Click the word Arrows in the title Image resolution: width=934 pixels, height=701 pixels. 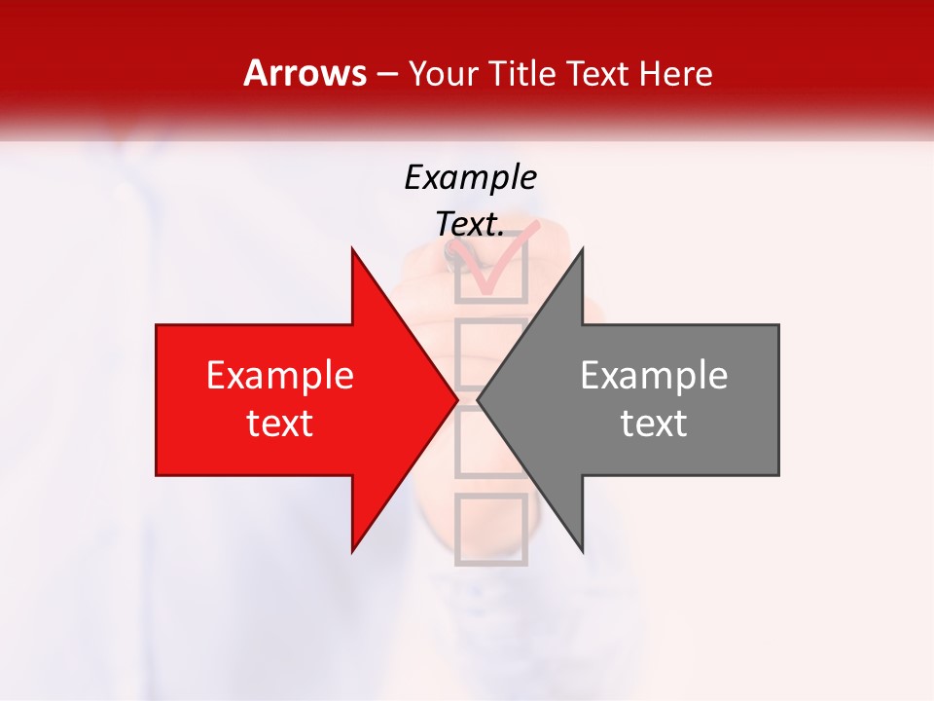click(305, 73)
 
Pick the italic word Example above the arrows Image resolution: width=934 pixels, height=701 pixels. click(470, 177)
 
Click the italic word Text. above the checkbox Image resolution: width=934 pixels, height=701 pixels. click(470, 225)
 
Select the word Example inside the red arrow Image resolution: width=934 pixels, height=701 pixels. click(279, 376)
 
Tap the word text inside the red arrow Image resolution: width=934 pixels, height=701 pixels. click(279, 424)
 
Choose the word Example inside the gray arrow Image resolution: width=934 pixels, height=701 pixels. click(654, 376)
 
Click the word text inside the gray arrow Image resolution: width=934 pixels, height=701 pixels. click(654, 424)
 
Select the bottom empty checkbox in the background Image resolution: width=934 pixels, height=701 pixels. click(491, 529)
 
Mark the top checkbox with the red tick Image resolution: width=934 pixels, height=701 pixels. click(491, 268)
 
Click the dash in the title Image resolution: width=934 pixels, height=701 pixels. click(385, 74)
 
